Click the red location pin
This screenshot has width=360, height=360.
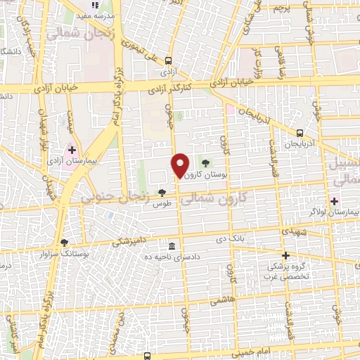click(x=180, y=165)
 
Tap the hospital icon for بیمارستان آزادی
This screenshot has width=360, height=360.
click(x=72, y=150)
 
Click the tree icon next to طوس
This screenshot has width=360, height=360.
click(x=162, y=192)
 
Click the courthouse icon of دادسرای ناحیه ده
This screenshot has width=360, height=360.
click(x=172, y=246)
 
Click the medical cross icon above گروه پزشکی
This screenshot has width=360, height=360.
click(x=285, y=256)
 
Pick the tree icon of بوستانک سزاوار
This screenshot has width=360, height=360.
click(x=65, y=243)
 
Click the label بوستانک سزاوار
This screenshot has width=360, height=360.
click(x=48, y=252)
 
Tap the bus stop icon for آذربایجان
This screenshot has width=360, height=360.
click(x=300, y=133)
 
